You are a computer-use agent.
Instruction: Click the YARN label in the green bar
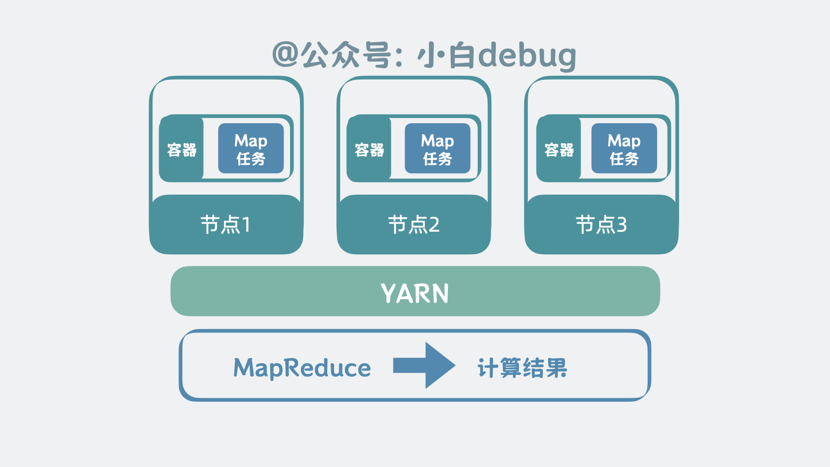pyautogui.click(x=415, y=293)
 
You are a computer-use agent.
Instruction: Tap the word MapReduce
pyautogui.click(x=302, y=368)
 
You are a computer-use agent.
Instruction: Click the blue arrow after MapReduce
pyautogui.click(x=424, y=365)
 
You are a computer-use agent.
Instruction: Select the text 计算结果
pyautogui.click(x=522, y=368)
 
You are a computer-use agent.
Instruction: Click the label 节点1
pyautogui.click(x=225, y=224)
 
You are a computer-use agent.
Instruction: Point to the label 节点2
pyautogui.click(x=414, y=224)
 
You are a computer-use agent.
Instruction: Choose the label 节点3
pyautogui.click(x=601, y=224)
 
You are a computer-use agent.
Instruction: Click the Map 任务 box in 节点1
pyautogui.click(x=251, y=148)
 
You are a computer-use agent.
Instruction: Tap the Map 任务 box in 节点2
pyautogui.click(x=437, y=148)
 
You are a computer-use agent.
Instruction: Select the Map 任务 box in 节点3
pyautogui.click(x=624, y=148)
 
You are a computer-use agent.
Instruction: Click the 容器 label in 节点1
pyautogui.click(x=182, y=150)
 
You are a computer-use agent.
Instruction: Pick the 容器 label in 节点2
pyautogui.click(x=370, y=150)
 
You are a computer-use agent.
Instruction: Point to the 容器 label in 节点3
pyautogui.click(x=559, y=150)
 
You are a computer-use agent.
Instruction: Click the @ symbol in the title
pyautogui.click(x=285, y=54)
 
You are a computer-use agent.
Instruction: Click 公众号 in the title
pyautogui.click(x=346, y=55)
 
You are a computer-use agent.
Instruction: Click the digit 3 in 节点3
pyautogui.click(x=622, y=225)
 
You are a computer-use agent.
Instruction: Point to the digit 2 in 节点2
pyautogui.click(x=434, y=225)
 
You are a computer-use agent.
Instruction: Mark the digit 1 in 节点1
pyautogui.click(x=246, y=225)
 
